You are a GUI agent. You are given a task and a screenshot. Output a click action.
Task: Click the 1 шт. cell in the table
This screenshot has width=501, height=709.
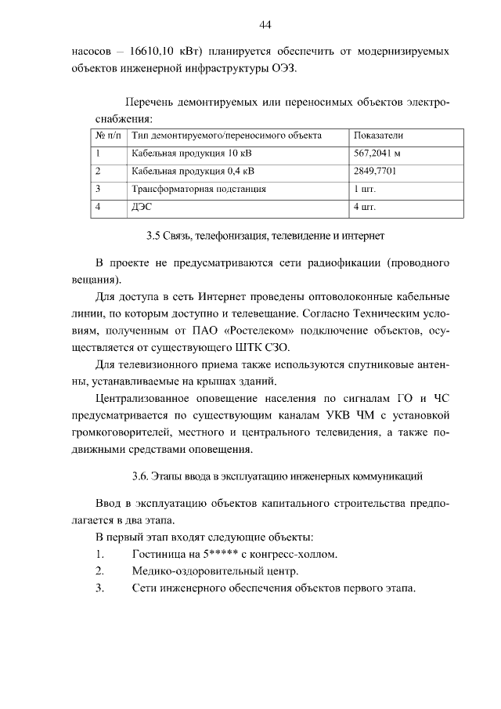[364, 190]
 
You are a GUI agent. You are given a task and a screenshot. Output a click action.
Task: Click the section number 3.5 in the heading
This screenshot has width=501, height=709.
[154, 235]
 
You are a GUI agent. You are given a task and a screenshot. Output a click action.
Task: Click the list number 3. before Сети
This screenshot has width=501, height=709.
[99, 589]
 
